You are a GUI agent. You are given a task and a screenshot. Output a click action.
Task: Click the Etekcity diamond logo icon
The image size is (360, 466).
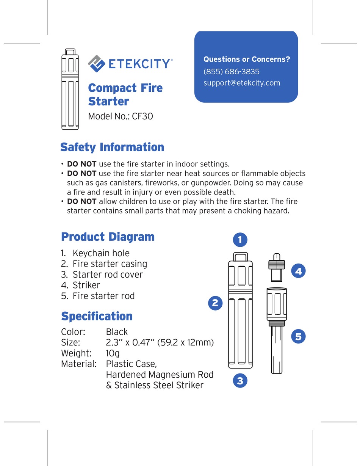click(x=97, y=63)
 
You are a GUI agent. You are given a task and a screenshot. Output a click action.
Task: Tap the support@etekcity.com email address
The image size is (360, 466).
click(x=242, y=83)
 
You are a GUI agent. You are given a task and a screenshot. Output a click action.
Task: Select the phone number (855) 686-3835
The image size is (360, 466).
click(x=231, y=72)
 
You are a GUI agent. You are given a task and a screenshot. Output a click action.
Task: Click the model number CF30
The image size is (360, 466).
click(x=142, y=116)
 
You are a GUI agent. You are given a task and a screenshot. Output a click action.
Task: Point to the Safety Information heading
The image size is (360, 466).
click(x=112, y=147)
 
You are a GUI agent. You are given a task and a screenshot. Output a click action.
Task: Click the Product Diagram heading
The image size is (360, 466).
click(x=108, y=237)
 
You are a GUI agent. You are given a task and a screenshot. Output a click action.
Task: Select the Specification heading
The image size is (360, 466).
click(x=97, y=316)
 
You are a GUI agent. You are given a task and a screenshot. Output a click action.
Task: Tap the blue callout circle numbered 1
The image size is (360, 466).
click(x=240, y=240)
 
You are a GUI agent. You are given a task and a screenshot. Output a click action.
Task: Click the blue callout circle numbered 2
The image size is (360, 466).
click(x=215, y=303)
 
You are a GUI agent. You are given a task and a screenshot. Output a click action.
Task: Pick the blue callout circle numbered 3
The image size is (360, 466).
click(x=240, y=381)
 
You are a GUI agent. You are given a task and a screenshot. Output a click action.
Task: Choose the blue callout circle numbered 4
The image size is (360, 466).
click(x=298, y=271)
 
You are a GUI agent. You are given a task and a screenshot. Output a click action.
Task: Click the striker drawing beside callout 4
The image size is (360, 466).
click(x=277, y=267)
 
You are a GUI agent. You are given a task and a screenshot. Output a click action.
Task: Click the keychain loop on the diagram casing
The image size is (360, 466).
click(x=240, y=256)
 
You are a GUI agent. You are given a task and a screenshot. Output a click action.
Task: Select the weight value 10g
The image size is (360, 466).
click(x=113, y=353)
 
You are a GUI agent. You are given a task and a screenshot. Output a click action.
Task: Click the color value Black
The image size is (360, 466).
click(x=117, y=332)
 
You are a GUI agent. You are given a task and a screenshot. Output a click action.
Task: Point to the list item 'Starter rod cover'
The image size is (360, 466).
click(x=108, y=275)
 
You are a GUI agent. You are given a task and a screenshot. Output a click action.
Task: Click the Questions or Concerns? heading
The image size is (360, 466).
click(x=247, y=59)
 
